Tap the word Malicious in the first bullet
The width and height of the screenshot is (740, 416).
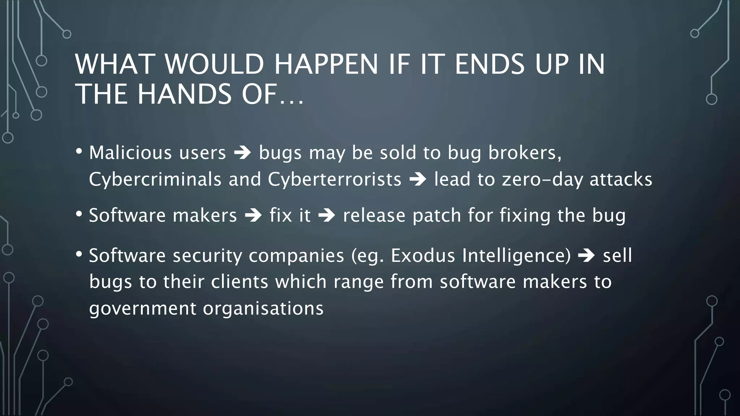[130, 153]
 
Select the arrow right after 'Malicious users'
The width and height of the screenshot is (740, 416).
[242, 153]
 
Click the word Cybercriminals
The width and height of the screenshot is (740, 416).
[155, 179]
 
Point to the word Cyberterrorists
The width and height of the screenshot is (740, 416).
[335, 179]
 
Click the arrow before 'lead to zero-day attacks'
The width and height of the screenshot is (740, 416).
[418, 180]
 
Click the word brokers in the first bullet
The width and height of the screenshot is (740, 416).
[525, 153]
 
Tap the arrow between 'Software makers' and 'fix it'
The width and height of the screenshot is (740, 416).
[253, 216]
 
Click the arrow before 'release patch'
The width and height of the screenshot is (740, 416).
[327, 216]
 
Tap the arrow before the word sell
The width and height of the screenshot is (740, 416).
[586, 256]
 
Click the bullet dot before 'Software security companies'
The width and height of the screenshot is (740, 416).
[79, 254]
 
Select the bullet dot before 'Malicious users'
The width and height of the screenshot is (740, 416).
[79, 151]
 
